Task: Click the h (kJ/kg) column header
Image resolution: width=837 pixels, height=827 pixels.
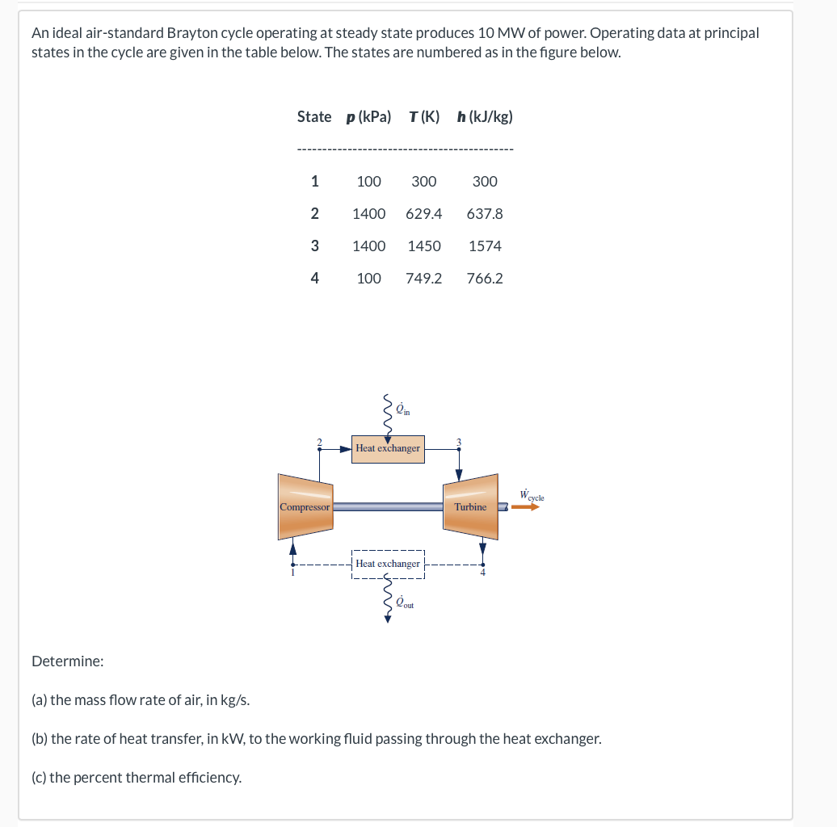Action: pos(485,116)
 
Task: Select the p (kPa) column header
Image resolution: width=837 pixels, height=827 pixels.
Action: pos(368,116)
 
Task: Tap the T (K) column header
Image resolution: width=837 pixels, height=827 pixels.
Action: pos(424,116)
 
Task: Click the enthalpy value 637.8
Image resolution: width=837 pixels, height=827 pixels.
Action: pos(485,214)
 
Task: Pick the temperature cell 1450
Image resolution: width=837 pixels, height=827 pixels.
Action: pos(424,246)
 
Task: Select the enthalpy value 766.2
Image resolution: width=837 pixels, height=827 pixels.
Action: pos(485,279)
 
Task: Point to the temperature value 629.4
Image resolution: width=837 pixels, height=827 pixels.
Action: pos(424,214)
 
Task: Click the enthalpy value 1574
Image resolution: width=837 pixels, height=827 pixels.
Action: pos(485,246)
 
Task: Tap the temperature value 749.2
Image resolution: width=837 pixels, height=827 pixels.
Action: pos(424,279)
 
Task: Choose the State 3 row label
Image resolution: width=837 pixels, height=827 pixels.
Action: pos(314,246)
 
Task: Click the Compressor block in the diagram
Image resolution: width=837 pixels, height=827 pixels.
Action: pos(305,507)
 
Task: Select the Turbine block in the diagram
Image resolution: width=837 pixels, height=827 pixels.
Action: pos(470,507)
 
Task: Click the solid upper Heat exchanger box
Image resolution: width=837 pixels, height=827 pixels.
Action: pos(388,448)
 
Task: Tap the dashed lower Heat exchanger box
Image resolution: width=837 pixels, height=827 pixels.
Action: pos(388,564)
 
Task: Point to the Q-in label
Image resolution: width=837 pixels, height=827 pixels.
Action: pos(402,410)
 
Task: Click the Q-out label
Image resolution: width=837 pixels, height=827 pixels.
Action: pos(404,602)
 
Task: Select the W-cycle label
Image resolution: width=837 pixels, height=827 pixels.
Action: pos(532,496)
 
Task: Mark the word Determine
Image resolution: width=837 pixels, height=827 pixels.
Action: pos(67,661)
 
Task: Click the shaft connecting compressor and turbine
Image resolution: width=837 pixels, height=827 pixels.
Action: pos(388,507)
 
